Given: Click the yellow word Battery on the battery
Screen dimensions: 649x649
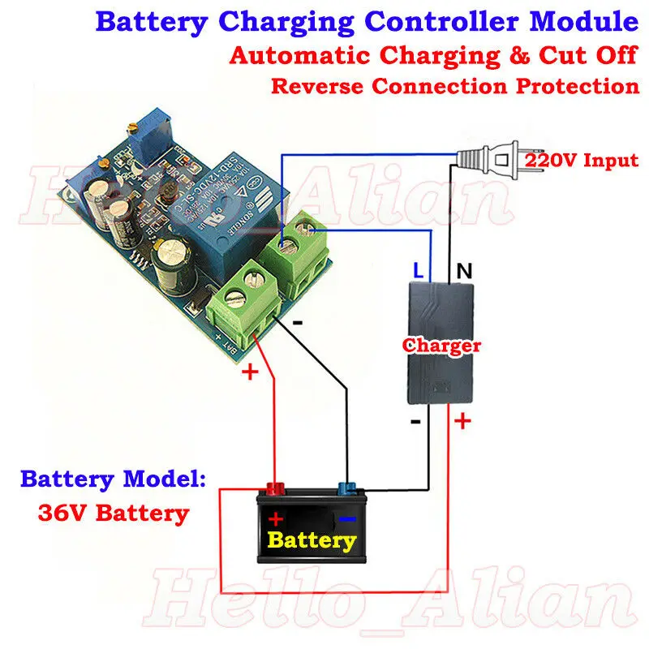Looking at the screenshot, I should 312,539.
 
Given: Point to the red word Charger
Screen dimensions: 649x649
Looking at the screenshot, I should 442,346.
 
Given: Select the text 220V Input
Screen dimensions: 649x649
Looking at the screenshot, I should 582,160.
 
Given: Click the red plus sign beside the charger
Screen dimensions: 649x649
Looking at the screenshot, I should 462,421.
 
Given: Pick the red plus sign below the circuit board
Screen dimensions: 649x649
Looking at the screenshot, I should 250,372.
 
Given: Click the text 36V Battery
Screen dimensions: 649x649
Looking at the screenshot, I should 113,513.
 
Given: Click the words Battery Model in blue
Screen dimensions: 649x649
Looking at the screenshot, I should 113,479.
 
